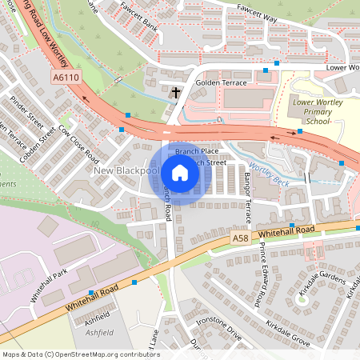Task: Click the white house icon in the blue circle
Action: [x=180, y=173]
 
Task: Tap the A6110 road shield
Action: [x=66, y=78]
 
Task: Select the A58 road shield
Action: [x=241, y=238]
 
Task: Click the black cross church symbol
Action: [x=175, y=93]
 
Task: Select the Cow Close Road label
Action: [x=78, y=144]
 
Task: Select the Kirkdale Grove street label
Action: [x=289, y=318]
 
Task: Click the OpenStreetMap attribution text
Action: [x=81, y=354]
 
